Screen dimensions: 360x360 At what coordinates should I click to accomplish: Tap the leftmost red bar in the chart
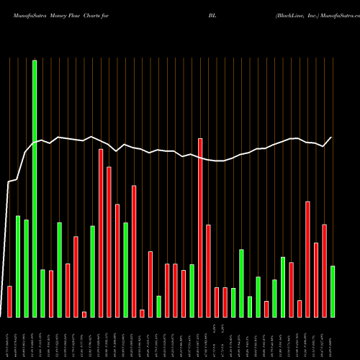click(x=9, y=302)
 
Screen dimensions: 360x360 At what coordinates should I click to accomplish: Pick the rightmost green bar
click(x=333, y=292)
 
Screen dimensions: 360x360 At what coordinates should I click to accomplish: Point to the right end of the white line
click(x=332, y=138)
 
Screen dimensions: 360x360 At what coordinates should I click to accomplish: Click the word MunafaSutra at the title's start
click(x=24, y=14)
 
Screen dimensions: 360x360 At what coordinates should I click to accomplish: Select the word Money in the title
click(x=58, y=14)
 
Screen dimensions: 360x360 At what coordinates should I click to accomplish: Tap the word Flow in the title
click(x=79, y=14)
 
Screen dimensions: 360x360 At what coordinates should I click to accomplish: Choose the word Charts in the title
click(x=99, y=14)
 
